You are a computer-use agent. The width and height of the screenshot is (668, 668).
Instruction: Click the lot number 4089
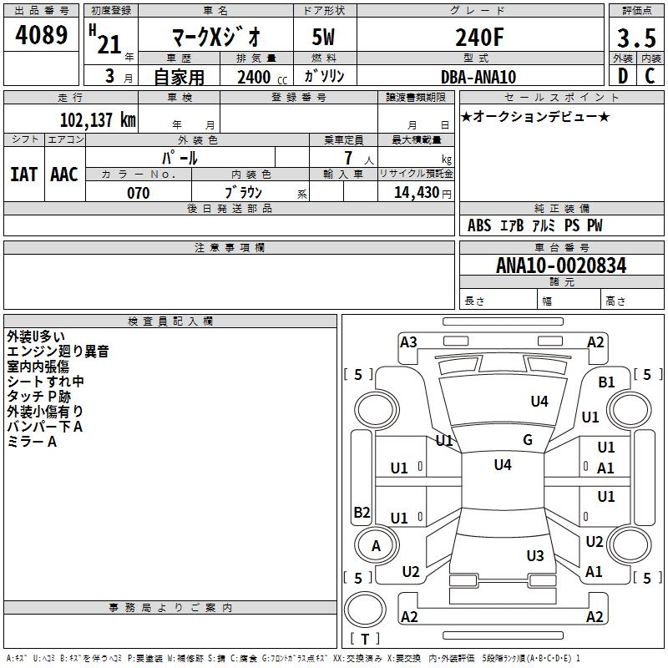click(41, 35)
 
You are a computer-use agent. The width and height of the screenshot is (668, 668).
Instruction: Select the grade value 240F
click(479, 37)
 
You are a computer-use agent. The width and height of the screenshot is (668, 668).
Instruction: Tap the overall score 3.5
click(636, 38)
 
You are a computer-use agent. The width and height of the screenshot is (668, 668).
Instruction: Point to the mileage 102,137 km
click(98, 119)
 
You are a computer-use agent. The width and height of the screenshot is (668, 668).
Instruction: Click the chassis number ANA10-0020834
click(561, 266)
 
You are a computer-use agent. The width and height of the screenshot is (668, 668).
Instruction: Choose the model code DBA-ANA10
click(478, 77)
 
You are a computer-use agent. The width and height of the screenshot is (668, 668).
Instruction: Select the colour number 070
click(139, 193)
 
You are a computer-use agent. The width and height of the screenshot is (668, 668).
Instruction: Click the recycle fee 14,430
click(417, 193)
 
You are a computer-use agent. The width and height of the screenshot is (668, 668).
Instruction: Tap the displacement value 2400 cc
click(262, 77)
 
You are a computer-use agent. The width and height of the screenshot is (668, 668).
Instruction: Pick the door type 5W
click(323, 37)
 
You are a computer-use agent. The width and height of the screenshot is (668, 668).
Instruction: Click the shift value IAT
click(24, 175)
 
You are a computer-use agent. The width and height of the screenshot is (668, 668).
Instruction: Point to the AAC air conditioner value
click(64, 175)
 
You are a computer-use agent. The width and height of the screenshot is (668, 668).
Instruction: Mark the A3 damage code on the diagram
click(408, 342)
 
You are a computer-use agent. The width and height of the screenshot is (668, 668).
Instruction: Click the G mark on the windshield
click(528, 440)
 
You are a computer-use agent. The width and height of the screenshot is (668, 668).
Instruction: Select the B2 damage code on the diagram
click(362, 512)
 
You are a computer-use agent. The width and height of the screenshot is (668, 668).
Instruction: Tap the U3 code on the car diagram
click(535, 555)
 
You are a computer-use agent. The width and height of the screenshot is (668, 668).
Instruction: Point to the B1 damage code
click(606, 382)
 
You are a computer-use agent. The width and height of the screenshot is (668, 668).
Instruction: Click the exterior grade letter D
click(623, 76)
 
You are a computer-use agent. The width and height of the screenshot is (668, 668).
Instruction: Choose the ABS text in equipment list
click(479, 225)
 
